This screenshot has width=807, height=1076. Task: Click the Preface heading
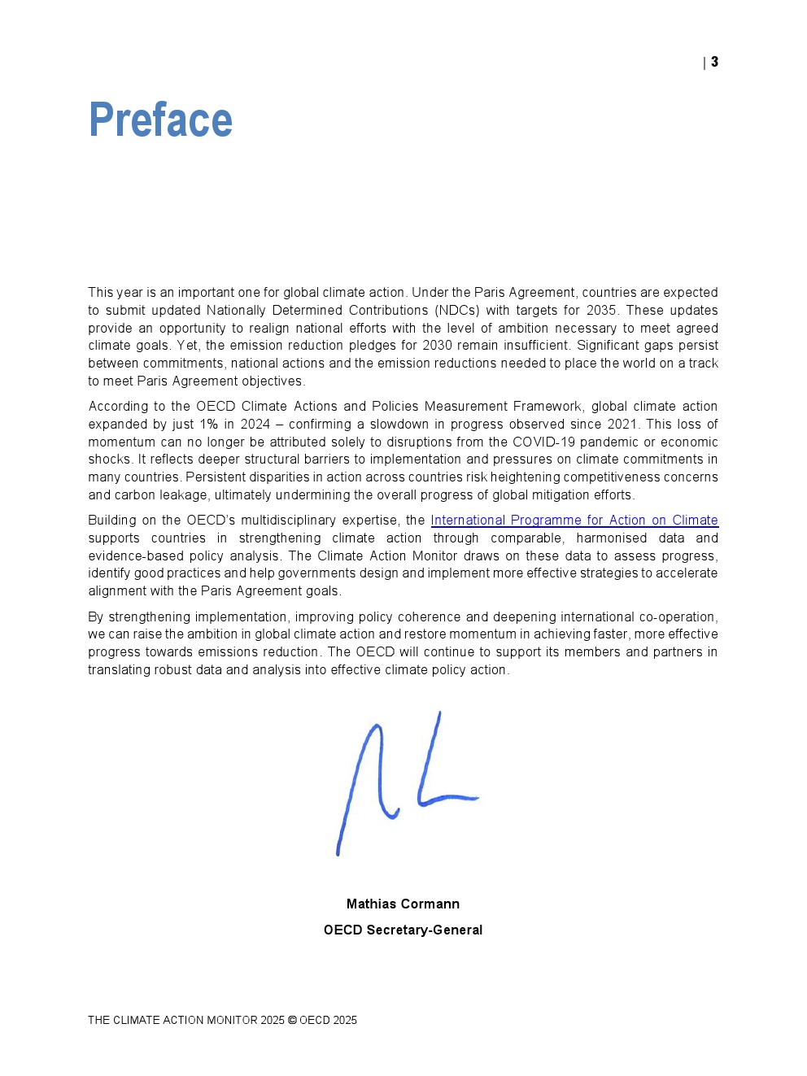click(160, 120)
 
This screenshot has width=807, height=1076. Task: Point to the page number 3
click(714, 62)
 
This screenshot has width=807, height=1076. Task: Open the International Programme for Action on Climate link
click(574, 521)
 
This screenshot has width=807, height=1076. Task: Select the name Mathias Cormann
click(403, 904)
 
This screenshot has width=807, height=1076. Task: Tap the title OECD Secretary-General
click(403, 930)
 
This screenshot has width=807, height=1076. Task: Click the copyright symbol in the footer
click(292, 1021)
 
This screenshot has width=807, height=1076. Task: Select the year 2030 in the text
click(437, 346)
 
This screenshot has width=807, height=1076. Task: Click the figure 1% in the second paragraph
click(208, 425)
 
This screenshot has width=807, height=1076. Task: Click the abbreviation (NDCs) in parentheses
click(456, 311)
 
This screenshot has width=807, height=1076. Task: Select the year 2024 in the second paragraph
click(255, 425)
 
